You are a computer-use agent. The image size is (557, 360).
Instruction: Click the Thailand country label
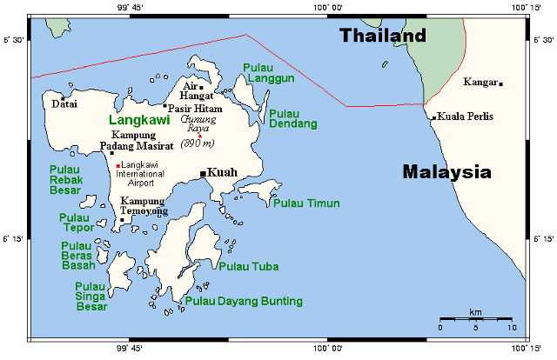(x=383, y=37)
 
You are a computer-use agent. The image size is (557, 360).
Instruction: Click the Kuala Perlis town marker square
(x=433, y=117)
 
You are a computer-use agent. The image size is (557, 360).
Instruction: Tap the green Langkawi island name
(x=136, y=122)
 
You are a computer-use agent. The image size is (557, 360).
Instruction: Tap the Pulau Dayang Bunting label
(x=244, y=301)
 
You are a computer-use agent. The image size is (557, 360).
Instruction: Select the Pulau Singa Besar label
(x=91, y=296)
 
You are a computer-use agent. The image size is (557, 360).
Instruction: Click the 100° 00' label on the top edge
(x=327, y=7)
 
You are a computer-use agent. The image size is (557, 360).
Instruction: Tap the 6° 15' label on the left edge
(x=16, y=238)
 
